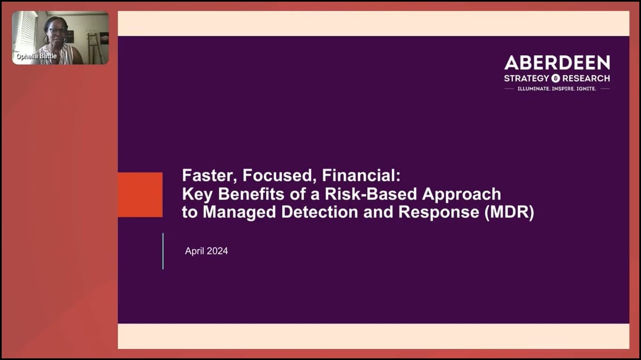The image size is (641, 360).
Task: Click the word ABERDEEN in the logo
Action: click(x=557, y=63)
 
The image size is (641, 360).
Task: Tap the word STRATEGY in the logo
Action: click(x=526, y=78)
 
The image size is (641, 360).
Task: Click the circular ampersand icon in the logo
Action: click(x=555, y=78)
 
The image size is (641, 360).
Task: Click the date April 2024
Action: click(x=206, y=251)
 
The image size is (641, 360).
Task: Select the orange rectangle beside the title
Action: click(x=140, y=194)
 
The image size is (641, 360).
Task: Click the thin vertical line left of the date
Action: click(x=163, y=251)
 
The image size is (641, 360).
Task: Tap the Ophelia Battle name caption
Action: click(x=36, y=56)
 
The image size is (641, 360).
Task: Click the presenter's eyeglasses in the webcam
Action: click(x=57, y=31)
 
